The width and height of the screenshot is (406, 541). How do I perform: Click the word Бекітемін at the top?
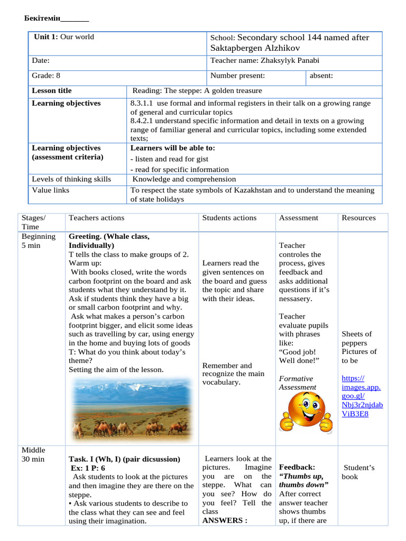pos(43,19)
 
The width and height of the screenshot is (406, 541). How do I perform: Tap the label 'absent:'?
pos(321,76)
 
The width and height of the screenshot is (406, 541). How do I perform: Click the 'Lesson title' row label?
pos(52,90)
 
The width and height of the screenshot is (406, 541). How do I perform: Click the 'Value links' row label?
pos(51,190)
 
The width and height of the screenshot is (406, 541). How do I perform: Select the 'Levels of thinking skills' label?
pos(71,179)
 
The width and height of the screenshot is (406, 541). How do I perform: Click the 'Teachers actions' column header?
pos(97,218)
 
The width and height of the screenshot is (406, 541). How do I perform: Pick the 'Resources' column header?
pos(359,218)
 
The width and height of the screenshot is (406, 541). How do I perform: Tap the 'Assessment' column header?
pos(299,218)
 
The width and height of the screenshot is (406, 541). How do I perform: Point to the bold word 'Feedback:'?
pos(297,468)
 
